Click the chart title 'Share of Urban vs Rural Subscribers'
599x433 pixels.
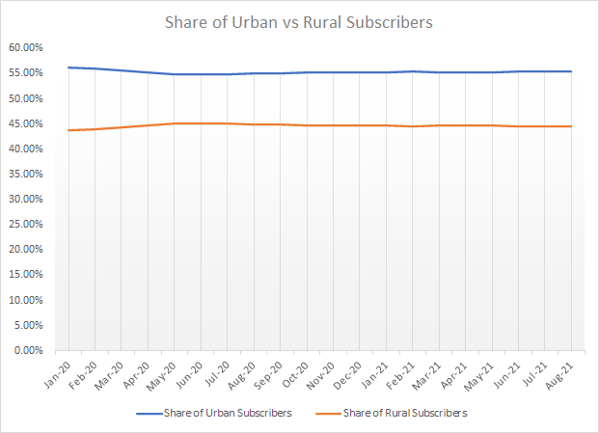[x=299, y=21]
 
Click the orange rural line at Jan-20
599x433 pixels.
[x=68, y=129]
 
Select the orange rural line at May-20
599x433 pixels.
[x=174, y=123]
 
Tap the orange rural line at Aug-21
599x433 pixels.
[x=571, y=126]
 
